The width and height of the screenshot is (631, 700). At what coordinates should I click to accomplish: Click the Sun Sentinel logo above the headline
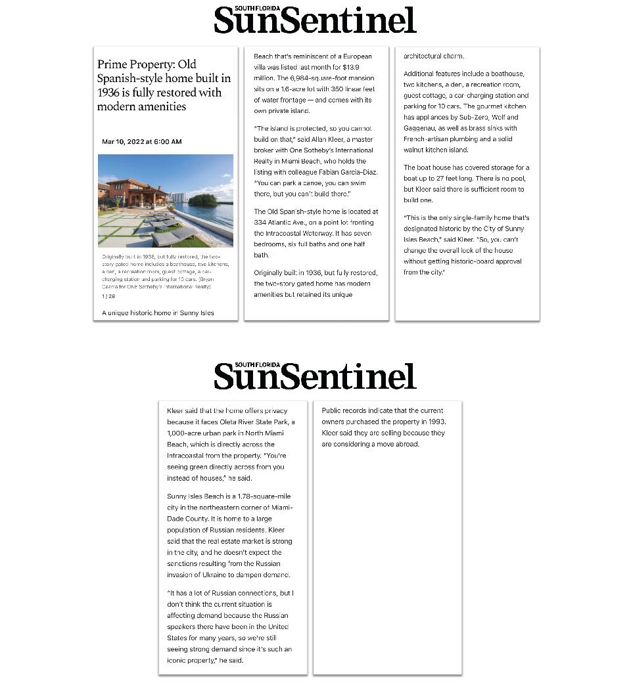click(x=315, y=20)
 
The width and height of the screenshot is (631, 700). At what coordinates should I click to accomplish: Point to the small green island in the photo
click(x=202, y=199)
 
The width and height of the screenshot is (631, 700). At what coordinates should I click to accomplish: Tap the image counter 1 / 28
click(x=108, y=296)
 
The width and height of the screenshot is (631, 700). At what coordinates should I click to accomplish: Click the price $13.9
click(x=352, y=67)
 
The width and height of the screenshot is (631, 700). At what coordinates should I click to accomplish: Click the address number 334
click(x=263, y=223)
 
